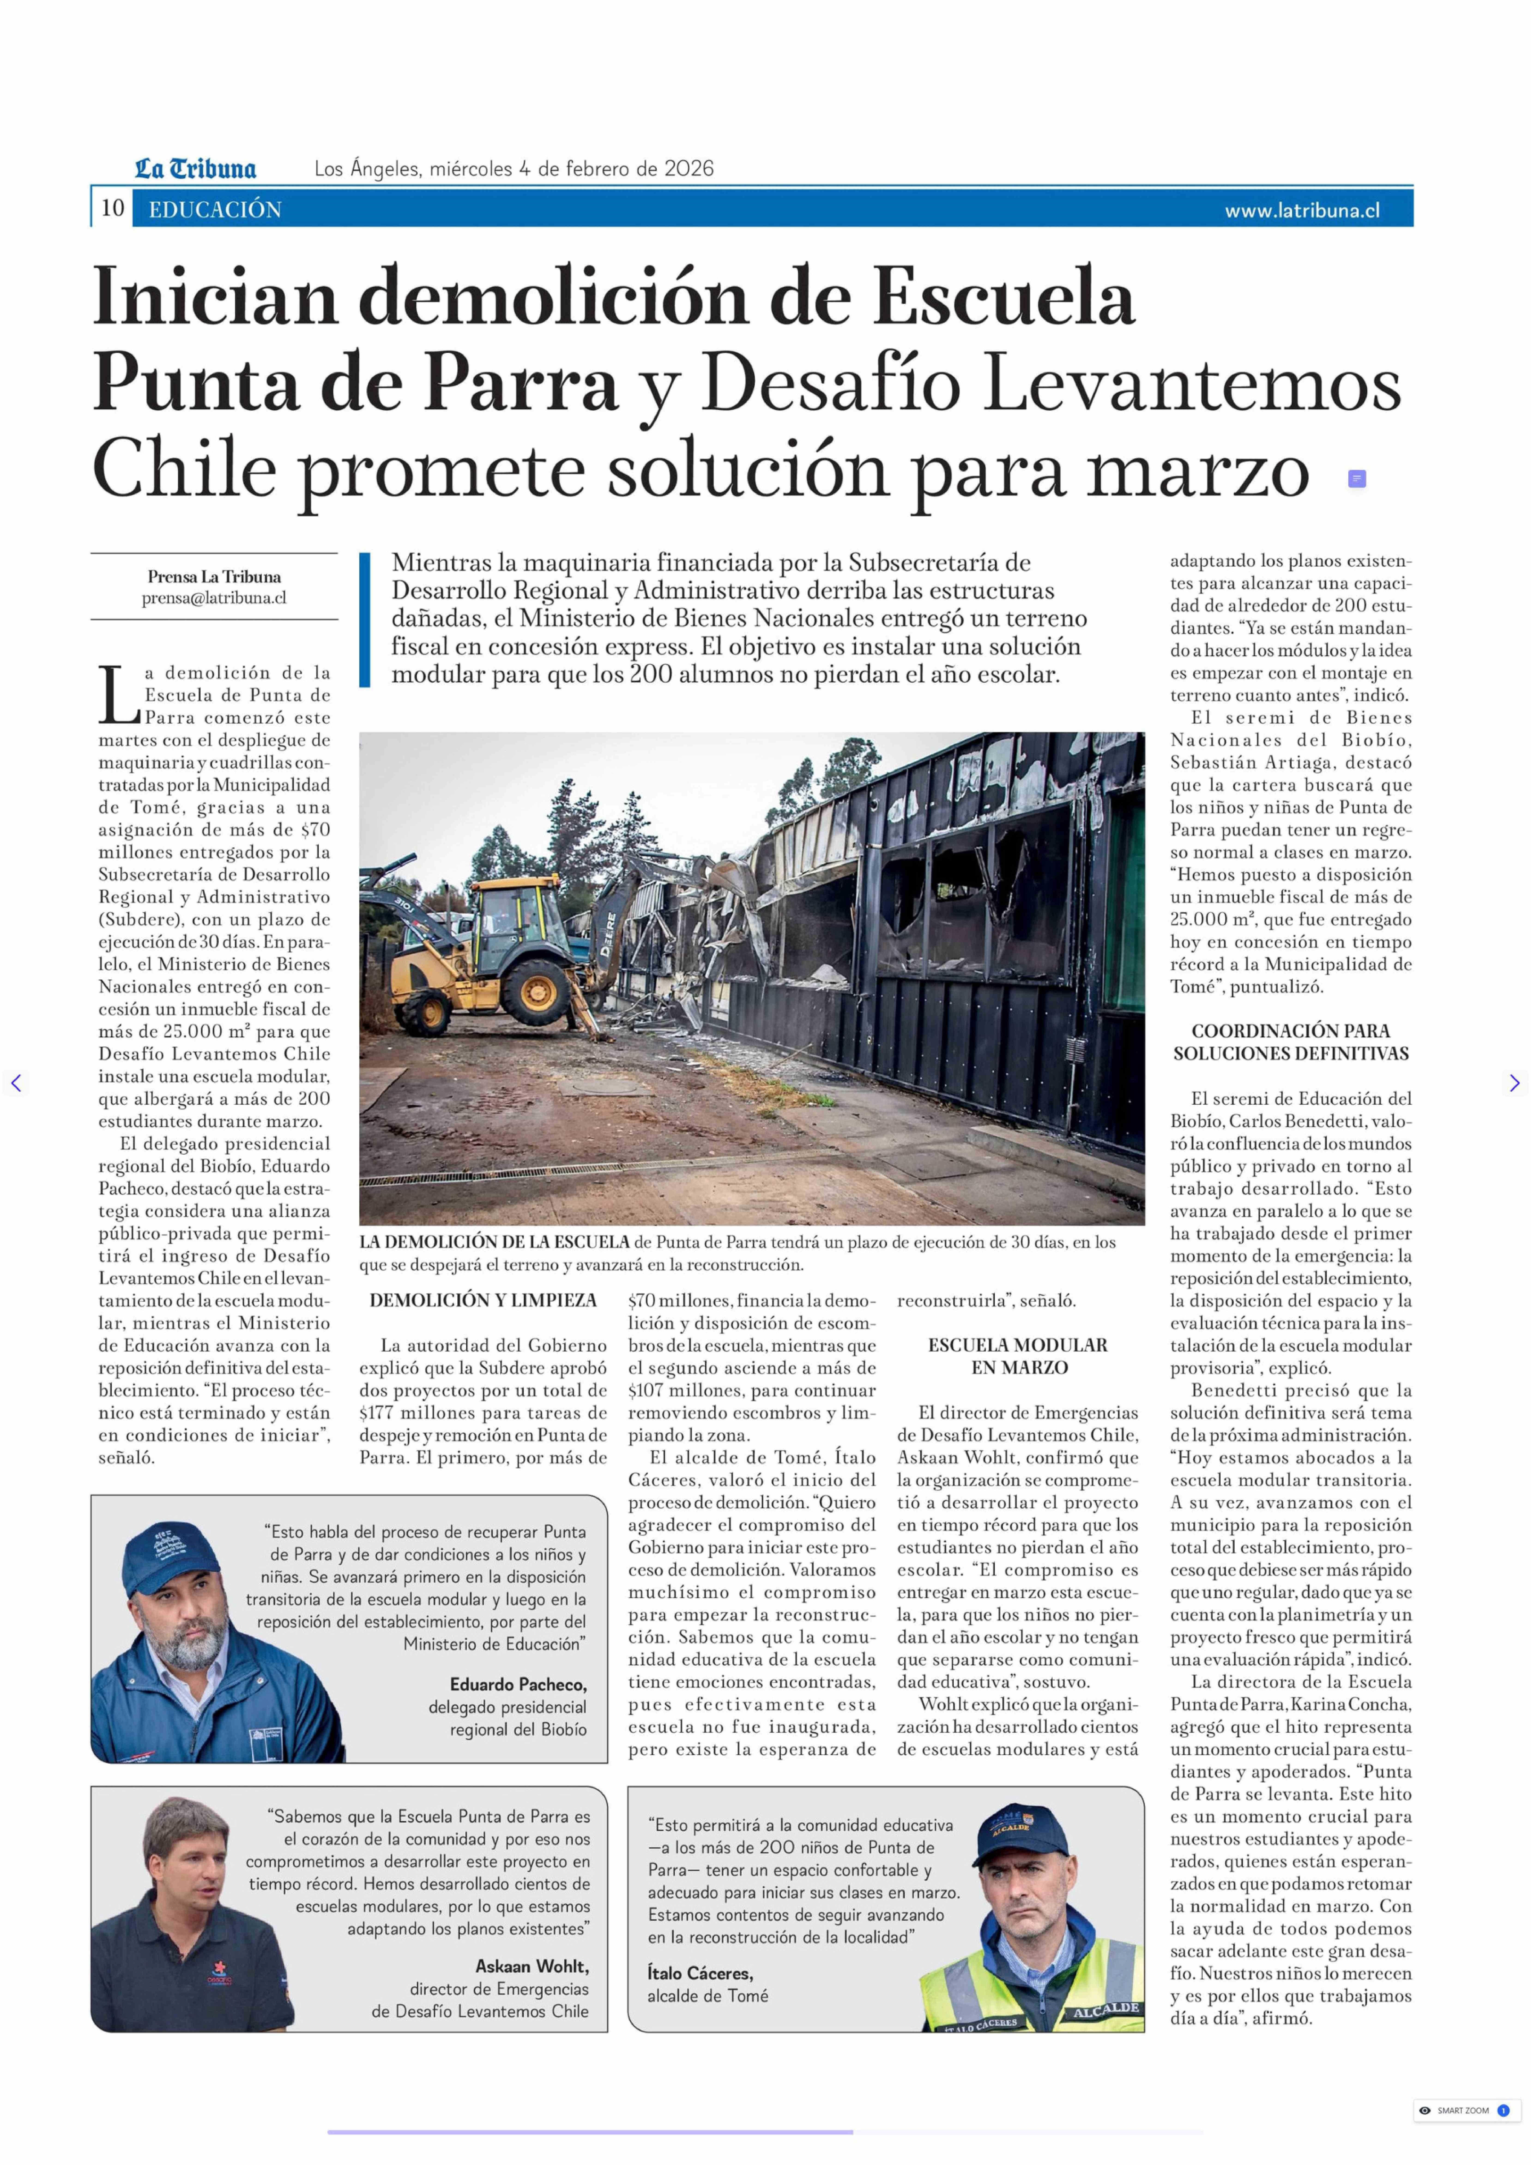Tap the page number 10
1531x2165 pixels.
pyautogui.click(x=112, y=208)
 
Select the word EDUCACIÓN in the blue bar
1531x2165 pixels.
pyautogui.click(x=215, y=209)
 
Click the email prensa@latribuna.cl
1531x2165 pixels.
pyautogui.click(x=214, y=598)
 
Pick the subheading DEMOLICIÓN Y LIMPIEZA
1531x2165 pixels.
pyautogui.click(x=483, y=1300)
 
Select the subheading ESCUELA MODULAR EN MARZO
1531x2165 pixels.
pyautogui.click(x=1018, y=1356)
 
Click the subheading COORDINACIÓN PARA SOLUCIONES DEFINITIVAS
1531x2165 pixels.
pyautogui.click(x=1291, y=1042)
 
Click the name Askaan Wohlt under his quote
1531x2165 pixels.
pyautogui.click(x=532, y=1966)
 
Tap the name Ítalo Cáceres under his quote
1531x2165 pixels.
pyautogui.click(x=700, y=1973)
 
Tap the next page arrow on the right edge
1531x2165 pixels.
pyautogui.click(x=1514, y=1083)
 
